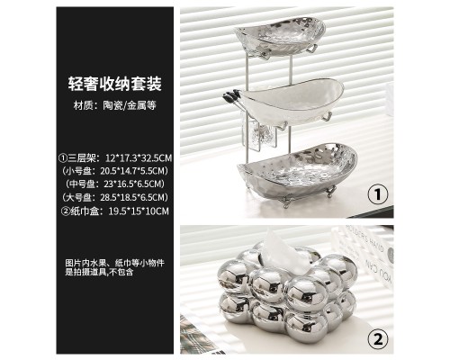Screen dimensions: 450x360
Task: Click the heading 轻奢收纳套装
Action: pos(115,84)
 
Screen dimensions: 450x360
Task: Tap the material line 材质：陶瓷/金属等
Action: pos(115,105)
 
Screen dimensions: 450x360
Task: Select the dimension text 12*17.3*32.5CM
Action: pos(139,157)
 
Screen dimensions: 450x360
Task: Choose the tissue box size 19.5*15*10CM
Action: pos(139,211)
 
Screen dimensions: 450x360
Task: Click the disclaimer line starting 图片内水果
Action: pos(115,263)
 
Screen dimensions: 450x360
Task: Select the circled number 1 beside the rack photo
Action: pos(378,194)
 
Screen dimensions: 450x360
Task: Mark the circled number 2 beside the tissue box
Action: pos(378,339)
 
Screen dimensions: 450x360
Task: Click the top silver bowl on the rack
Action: pos(280,35)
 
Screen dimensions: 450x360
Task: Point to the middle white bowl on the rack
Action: pos(292,101)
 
